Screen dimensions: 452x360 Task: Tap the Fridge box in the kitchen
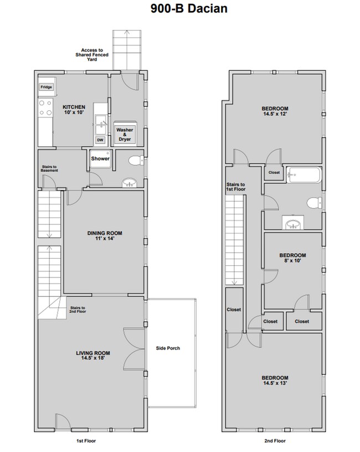45,88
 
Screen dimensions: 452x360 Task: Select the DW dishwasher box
100,140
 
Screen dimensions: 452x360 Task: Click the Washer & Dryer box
125,133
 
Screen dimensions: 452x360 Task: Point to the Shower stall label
100,159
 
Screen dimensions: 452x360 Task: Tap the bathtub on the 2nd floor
303,176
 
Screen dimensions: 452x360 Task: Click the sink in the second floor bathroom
294,223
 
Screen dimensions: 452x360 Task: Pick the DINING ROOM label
104,233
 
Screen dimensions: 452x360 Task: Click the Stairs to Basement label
50,168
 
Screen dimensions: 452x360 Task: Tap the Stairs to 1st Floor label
235,187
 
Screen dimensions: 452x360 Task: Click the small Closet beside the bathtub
274,172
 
